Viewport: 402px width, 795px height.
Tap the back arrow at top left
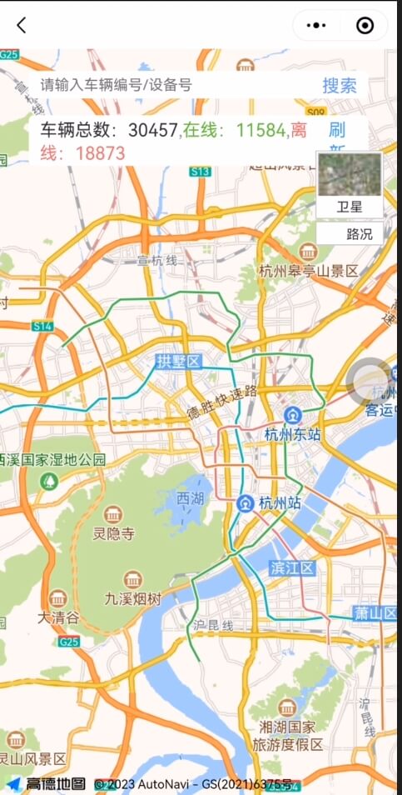(x=22, y=25)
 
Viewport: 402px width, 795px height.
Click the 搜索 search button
(x=340, y=85)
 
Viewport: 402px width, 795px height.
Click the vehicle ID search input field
(x=166, y=85)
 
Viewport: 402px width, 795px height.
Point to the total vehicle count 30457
(x=153, y=130)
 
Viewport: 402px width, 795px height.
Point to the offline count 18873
(x=100, y=153)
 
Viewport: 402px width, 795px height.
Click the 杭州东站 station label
(x=292, y=434)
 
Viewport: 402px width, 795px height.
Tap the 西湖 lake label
(x=190, y=497)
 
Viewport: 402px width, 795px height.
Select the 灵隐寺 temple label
(x=113, y=533)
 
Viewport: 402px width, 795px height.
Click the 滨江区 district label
(x=292, y=568)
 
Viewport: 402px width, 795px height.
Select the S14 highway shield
(x=42, y=326)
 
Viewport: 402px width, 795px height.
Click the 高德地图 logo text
(x=55, y=784)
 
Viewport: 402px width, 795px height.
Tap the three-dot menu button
(x=316, y=25)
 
